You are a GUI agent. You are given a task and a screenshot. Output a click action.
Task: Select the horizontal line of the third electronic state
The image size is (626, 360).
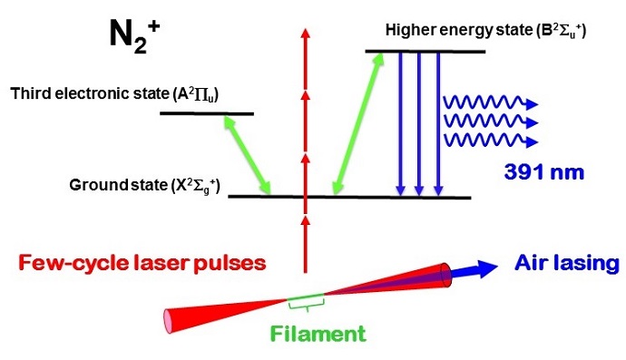pos(206,113)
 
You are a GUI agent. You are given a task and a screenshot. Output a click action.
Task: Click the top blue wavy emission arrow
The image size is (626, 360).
pos(491,100)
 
